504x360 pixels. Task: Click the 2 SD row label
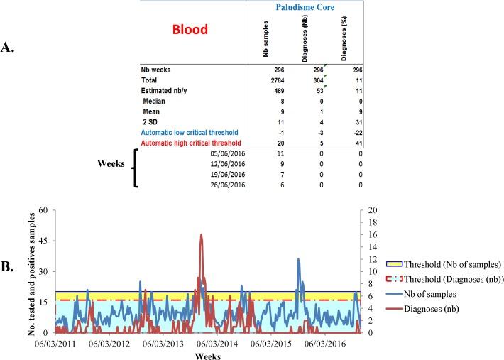[x=154, y=122]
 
